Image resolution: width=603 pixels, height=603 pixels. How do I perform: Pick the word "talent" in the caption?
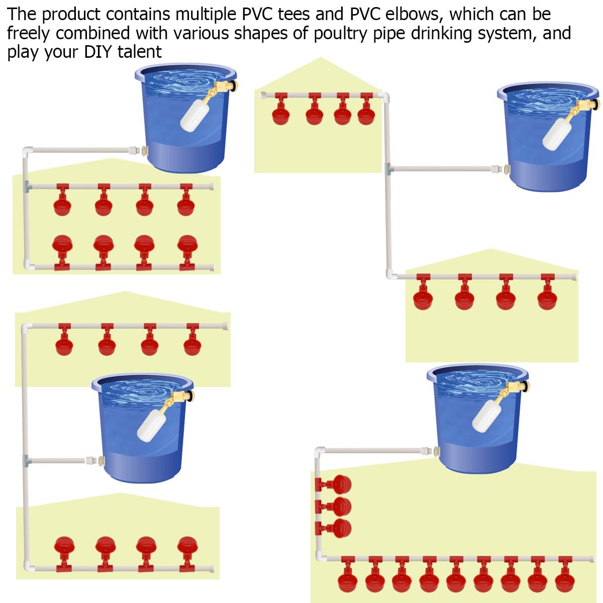click(x=140, y=52)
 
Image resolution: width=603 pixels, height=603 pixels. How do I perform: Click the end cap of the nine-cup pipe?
click(x=591, y=559)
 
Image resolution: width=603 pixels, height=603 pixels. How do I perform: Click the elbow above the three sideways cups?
click(x=320, y=452)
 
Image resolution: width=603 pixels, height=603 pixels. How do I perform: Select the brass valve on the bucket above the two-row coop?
click(x=224, y=87)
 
